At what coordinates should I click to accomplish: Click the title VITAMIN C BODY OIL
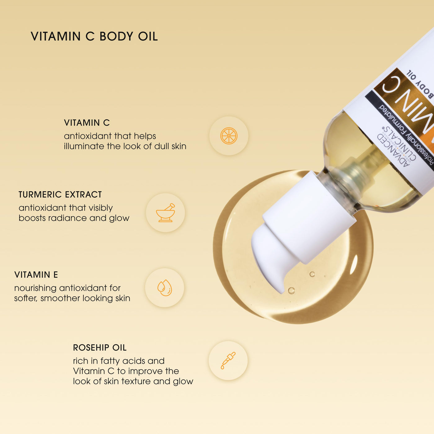(x=94, y=37)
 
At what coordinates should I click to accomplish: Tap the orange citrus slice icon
(x=228, y=136)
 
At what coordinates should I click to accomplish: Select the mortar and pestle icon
(x=166, y=213)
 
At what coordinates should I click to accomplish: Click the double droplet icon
(x=165, y=288)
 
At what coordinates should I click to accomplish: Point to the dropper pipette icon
(x=228, y=361)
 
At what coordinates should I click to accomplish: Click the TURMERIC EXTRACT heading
(x=60, y=195)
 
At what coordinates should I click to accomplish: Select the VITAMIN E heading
(x=36, y=275)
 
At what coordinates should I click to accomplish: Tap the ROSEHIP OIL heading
(x=100, y=348)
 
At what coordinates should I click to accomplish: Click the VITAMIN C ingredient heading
(x=87, y=123)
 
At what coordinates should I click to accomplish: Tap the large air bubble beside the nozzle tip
(x=291, y=290)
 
